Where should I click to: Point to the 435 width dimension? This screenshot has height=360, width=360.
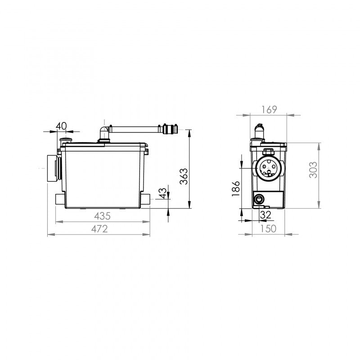pyautogui.click(x=103, y=216)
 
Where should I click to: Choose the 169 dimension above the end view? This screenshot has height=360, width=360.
pyautogui.click(x=268, y=109)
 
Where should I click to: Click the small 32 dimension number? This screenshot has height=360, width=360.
pyautogui.click(x=265, y=215)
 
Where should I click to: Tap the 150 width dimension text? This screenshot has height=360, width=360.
pyautogui.click(x=268, y=229)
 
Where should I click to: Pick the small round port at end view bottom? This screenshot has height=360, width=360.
pyautogui.click(x=259, y=198)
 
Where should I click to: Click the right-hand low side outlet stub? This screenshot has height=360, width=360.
pyautogui.click(x=147, y=199)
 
